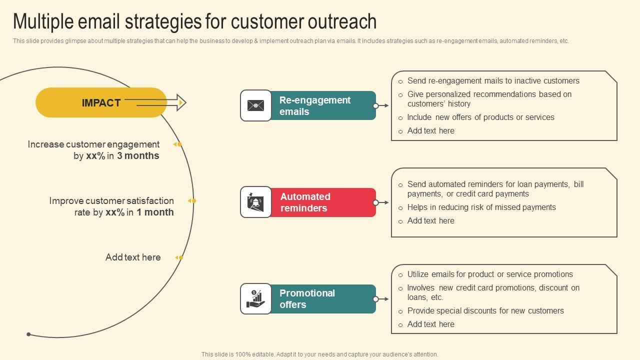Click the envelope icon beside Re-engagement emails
pyautogui.click(x=256, y=105)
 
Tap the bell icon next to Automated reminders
pyautogui.click(x=256, y=202)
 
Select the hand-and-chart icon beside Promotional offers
pyautogui.click(x=256, y=299)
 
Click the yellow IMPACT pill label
pyautogui.click(x=101, y=103)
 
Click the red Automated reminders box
pyautogui.click(x=322, y=202)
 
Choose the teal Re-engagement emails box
pyautogui.click(x=322, y=105)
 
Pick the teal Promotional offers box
pyautogui.click(x=322, y=299)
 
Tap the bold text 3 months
pyautogui.click(x=138, y=156)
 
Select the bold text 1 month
pyautogui.click(x=155, y=212)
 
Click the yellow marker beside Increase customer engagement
pyautogui.click(x=177, y=144)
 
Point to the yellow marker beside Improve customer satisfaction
pyautogui.click(x=192, y=201)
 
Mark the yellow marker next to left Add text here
pyautogui.click(x=179, y=257)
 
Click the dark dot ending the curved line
pyautogui.click(x=28, y=334)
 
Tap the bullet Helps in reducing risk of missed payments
pyautogui.click(x=481, y=207)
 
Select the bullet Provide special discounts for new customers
pyautogui.click(x=485, y=311)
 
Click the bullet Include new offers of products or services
pyautogui.click(x=480, y=117)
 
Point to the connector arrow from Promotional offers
pyautogui.click(x=382, y=299)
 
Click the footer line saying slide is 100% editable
pyautogui.click(x=320, y=354)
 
